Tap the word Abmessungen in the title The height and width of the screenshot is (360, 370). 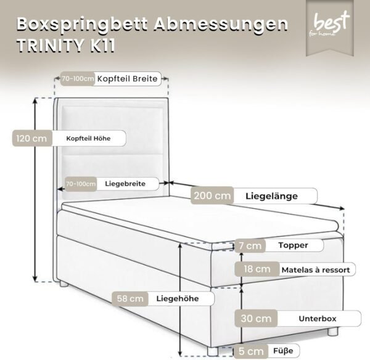[221, 24]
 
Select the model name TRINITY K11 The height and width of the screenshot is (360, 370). [66, 45]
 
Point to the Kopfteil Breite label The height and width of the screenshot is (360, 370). [127, 79]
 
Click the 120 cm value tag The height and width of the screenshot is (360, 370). [32, 138]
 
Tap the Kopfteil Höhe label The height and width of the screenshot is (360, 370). [88, 139]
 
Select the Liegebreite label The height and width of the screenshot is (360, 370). [125, 184]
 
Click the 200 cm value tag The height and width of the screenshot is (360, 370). [212, 195]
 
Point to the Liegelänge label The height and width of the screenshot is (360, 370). [271, 196]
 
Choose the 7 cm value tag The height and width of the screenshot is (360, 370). [250, 245]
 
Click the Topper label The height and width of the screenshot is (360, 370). [293, 245]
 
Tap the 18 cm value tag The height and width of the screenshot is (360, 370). [257, 269]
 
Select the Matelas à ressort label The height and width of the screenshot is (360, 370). [316, 270]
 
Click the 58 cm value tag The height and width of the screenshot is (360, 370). [130, 298]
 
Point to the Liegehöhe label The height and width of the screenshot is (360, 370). [178, 298]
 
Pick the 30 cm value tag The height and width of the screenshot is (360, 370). [256, 319]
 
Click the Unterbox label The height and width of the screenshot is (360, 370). [318, 319]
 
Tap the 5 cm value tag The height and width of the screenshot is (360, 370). [251, 351]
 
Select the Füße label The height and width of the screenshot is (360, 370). [283, 351]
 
